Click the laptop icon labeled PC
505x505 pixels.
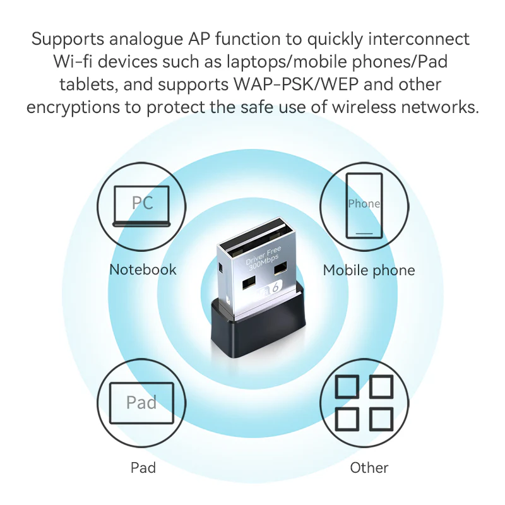pos(142,206)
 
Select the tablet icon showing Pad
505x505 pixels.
pos(141,403)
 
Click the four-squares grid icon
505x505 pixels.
pos(364,402)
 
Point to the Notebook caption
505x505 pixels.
pos(143,270)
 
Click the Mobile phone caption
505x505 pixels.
pos(369,270)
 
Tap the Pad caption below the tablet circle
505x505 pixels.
pos(143,468)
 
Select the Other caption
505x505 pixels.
pos(369,468)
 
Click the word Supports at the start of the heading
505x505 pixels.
pos(66,39)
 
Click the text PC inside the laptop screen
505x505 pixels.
pos(142,203)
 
